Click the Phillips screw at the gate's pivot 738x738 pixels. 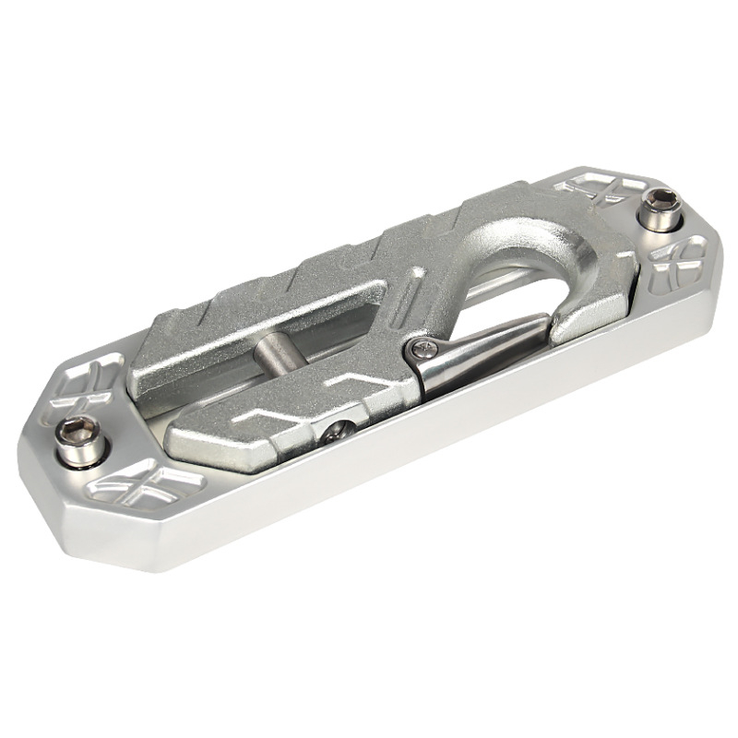423,348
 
